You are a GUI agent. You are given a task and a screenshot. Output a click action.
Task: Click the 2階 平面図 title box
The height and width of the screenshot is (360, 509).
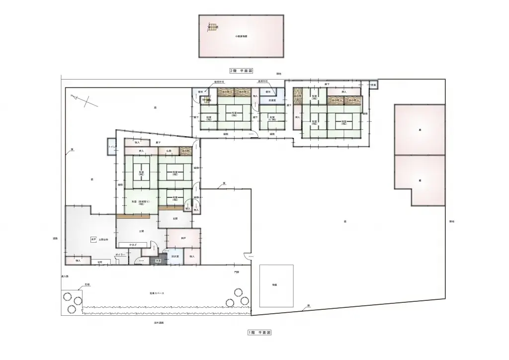pyautogui.click(x=241, y=71)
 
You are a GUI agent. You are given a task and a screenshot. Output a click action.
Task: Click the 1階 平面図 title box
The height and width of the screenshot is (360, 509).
pyautogui.click(x=259, y=332)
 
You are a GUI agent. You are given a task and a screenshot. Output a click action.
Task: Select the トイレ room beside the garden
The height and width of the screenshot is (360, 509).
pyautogui.click(x=111, y=147)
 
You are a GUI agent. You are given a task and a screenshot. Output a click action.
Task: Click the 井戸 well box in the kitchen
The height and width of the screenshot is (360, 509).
pyautogui.click(x=93, y=240)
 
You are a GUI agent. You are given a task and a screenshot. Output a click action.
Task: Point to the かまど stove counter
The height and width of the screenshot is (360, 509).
pyautogui.click(x=133, y=244)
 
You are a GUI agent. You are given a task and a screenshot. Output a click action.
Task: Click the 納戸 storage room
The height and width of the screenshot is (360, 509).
pyautogui.click(x=183, y=238)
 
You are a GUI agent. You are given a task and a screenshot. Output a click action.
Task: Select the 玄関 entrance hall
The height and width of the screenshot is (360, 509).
pyautogui.click(x=175, y=218)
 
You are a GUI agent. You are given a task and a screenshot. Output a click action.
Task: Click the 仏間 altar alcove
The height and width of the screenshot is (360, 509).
pyautogui.click(x=169, y=150)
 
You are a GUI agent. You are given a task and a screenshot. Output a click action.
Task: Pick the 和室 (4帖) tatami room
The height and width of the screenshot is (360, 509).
pyautogui.click(x=175, y=198)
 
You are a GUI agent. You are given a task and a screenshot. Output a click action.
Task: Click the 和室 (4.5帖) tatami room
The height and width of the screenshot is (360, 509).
pyautogui.click(x=272, y=119)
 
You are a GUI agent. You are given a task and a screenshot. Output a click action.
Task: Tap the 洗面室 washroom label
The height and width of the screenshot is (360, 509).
pyautogui.click(x=272, y=100)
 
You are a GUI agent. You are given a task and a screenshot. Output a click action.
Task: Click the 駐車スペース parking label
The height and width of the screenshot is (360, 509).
pyautogui.click(x=157, y=293)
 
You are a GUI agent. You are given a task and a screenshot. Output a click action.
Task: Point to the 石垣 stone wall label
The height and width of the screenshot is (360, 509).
pyautogui.click(x=87, y=285)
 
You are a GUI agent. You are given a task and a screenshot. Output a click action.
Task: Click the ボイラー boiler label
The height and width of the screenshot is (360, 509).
pyautogui.click(x=120, y=255)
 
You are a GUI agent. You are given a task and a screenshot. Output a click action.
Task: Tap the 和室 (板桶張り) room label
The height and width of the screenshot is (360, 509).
pyautogui.click(x=137, y=202)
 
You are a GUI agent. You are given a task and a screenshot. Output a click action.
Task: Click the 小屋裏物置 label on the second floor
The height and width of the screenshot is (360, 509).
pyautogui.click(x=241, y=37)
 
